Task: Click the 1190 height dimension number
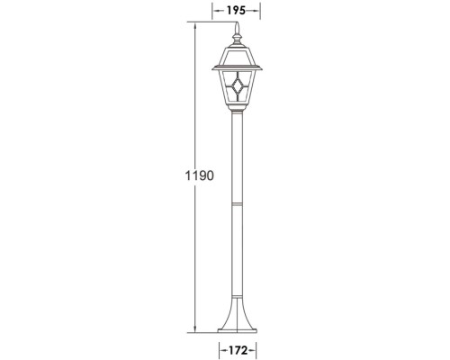click(x=200, y=175)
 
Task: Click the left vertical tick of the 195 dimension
click(x=213, y=10)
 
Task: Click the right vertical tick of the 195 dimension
click(x=260, y=10)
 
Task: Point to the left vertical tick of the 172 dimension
click(x=217, y=346)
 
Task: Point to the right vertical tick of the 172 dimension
click(x=258, y=346)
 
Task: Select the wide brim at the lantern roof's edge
click(x=237, y=67)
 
